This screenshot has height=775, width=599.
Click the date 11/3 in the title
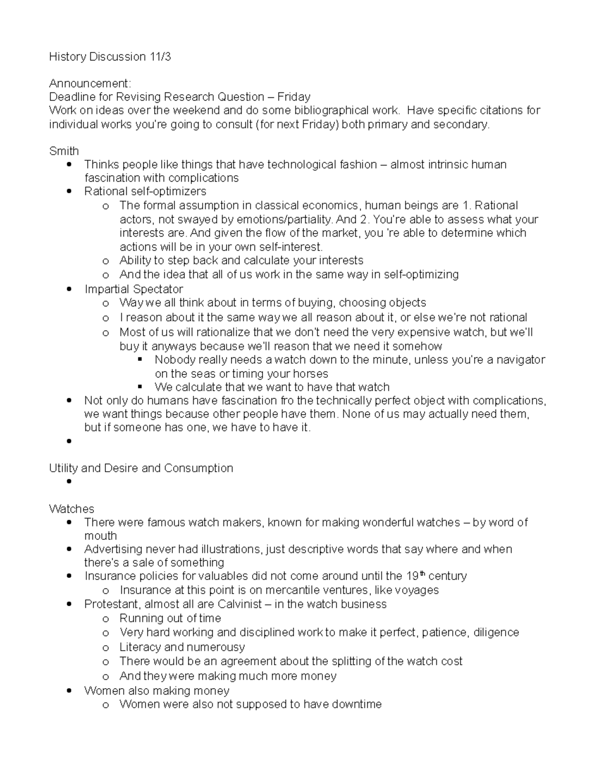pyautogui.click(x=160, y=57)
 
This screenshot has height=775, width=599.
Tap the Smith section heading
pyautogui.click(x=64, y=151)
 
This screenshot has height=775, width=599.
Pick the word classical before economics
pyautogui.click(x=280, y=206)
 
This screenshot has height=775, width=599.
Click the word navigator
pyautogui.click(x=521, y=360)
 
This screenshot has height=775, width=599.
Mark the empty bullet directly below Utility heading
pyautogui.click(x=69, y=482)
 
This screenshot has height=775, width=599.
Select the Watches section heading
pyautogui.click(x=71, y=509)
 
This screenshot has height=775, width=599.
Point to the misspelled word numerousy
pyautogui.click(x=216, y=647)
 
